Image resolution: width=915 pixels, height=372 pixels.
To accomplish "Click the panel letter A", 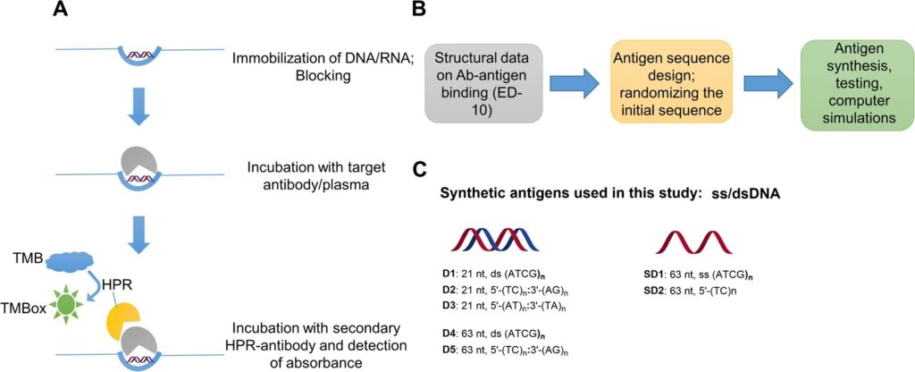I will point(60,11).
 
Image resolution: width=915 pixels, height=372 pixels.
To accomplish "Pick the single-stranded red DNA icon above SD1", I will point(691,240).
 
